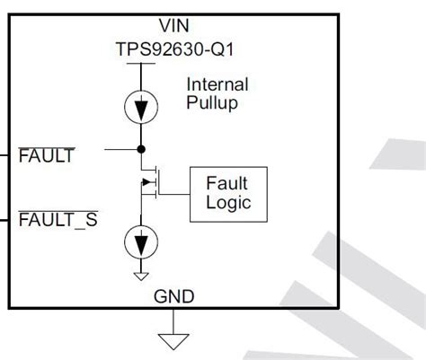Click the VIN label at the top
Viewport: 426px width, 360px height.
[x=141, y=28]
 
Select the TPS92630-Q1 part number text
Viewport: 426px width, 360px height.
[x=142, y=48]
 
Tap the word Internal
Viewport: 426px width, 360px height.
[x=215, y=83]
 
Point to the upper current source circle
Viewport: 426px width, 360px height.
[x=141, y=105]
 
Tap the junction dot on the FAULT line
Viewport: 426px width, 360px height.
[x=141, y=148]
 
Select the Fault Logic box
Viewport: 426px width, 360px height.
[x=226, y=193]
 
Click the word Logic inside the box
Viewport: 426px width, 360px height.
[x=226, y=204]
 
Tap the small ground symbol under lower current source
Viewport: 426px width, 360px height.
[x=141, y=273]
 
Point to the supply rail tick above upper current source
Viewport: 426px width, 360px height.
[x=141, y=64]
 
